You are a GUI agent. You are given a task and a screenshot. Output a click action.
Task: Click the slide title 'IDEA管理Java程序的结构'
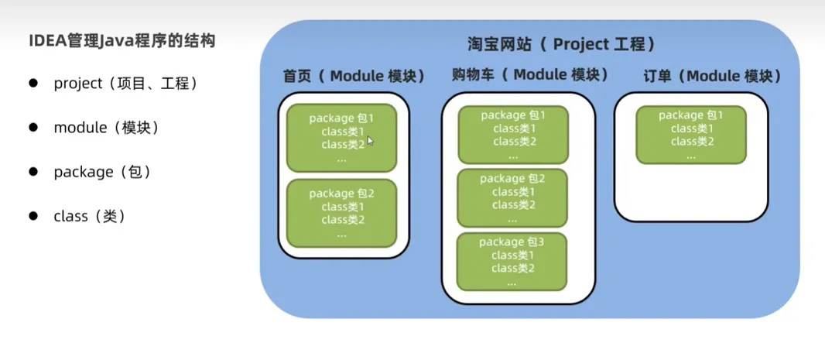122,39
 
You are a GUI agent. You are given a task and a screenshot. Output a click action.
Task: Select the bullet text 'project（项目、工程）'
126,84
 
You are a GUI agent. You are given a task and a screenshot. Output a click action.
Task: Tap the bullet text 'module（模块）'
107,128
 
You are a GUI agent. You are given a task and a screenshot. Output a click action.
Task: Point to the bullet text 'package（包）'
102,172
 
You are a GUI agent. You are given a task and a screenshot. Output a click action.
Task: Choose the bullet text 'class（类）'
90,217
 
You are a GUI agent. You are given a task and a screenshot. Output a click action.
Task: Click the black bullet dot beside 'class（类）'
33,216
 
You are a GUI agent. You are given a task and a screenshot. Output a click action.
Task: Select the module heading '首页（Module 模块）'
354,77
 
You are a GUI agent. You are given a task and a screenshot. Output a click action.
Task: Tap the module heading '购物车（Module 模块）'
530,75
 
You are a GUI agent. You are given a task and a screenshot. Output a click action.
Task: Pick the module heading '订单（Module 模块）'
711,76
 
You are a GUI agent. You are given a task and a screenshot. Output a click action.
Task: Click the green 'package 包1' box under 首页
341,138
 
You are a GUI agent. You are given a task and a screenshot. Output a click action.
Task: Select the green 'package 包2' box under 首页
341,214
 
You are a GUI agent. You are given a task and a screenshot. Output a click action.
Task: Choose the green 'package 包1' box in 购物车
513,135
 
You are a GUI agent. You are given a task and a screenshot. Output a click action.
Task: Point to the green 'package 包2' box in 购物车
512,198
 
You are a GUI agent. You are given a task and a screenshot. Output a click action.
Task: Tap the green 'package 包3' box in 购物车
512,262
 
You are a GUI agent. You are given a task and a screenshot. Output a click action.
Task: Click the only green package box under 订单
691,135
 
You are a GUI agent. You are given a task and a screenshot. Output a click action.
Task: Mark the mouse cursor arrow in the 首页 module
371,141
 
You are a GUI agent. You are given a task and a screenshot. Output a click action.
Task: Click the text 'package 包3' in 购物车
512,242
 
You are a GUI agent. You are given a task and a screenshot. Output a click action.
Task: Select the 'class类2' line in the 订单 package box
692,141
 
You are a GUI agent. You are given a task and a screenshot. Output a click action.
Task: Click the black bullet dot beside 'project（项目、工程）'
33,83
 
